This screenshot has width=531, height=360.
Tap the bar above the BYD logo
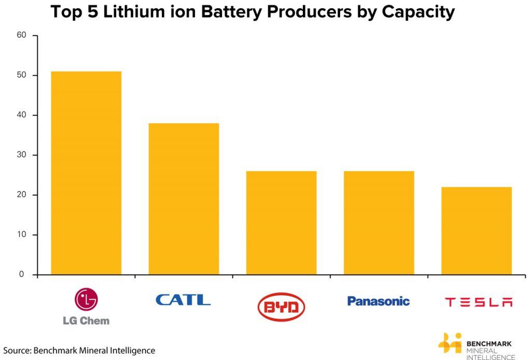tap(281, 223)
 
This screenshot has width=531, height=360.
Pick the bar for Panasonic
tap(379, 223)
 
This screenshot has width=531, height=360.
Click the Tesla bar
tap(476, 231)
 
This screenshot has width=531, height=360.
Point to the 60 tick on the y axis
tap(21, 36)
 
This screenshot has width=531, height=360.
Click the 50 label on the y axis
tap(21, 75)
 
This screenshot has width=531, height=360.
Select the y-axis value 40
tap(21, 115)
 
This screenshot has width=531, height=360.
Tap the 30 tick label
tap(21, 155)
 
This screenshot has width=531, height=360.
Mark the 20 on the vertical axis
tap(21, 195)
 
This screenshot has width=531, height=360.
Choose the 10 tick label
tap(21, 235)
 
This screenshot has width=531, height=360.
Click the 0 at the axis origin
tap(22, 274)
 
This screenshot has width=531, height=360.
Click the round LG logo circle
tap(86, 299)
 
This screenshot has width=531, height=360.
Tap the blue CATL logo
tap(183, 300)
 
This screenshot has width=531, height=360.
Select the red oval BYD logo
tap(281, 307)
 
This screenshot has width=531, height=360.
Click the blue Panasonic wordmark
tap(378, 301)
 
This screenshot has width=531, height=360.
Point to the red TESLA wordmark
tap(479, 302)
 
